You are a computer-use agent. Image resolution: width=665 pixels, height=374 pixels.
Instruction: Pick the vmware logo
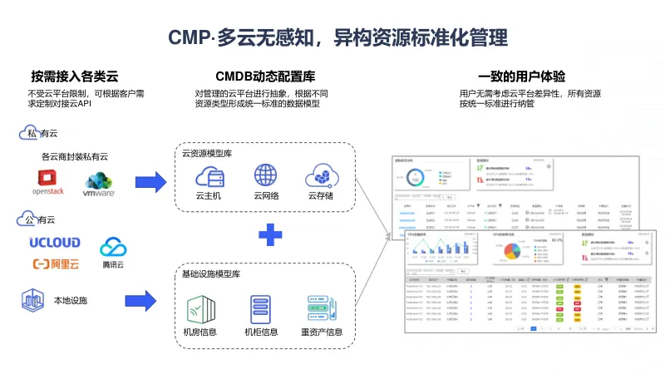(98, 184)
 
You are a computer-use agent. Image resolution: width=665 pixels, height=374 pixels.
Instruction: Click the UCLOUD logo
(56, 243)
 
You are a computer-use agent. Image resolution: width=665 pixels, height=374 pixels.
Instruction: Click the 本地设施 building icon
(32, 300)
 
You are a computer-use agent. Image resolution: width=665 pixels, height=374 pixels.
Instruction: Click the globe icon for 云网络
(265, 175)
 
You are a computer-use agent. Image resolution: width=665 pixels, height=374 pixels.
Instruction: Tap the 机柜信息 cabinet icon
(261, 309)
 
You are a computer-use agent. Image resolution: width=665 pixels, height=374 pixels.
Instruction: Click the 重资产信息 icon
(322, 309)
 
